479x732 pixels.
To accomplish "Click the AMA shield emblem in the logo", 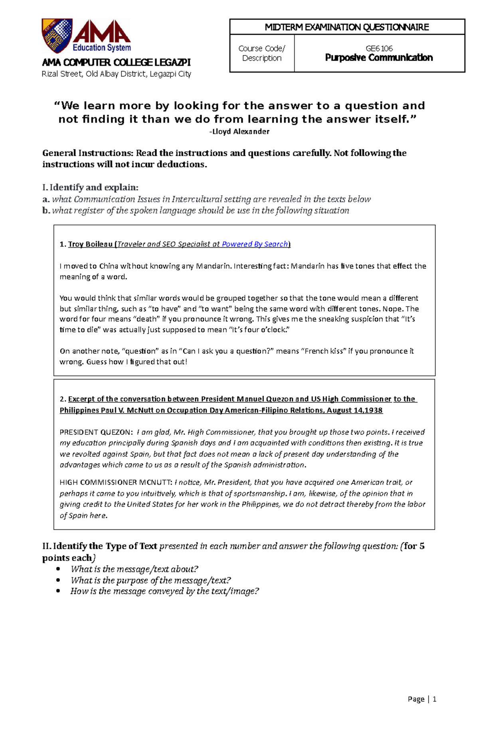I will [x=57, y=35].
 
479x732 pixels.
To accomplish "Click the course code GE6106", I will [x=379, y=48].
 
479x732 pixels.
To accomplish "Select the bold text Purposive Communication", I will [x=379, y=58].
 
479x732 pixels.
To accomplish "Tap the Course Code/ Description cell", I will [x=261, y=53].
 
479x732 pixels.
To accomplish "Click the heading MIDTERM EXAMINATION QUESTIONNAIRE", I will [x=347, y=27].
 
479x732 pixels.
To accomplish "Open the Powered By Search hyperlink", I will [x=255, y=244].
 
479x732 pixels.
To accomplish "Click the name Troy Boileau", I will [x=90, y=244].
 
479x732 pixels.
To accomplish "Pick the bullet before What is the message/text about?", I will [x=59, y=569].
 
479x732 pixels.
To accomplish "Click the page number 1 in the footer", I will [x=434, y=699].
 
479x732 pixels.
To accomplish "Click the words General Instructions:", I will [x=88, y=153].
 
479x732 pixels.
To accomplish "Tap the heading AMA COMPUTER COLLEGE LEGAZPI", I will [x=116, y=63].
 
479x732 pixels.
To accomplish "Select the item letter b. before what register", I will [x=46, y=211].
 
